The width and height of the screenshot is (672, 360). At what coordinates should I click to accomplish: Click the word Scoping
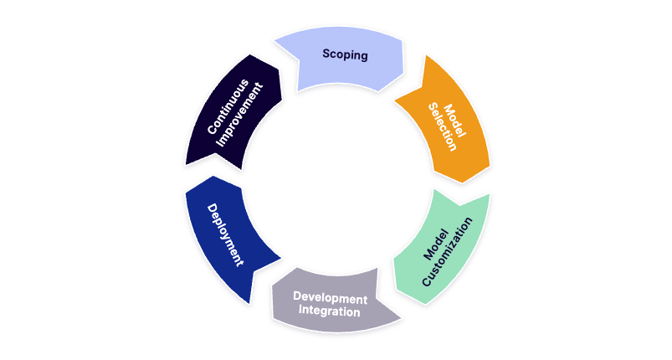point(345,55)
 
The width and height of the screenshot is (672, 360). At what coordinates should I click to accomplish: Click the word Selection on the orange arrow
point(443,127)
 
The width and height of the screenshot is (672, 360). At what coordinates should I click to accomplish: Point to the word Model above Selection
point(454,121)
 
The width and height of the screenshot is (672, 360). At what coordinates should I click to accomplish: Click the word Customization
point(447,252)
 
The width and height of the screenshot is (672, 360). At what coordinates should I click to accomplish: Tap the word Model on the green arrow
point(435,244)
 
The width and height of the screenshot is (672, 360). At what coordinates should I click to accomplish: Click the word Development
point(330,298)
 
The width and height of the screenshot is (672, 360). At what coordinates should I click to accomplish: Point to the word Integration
point(329,311)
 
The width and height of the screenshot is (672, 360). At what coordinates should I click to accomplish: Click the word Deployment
point(225,235)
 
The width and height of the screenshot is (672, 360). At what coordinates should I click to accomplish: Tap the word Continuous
point(228,106)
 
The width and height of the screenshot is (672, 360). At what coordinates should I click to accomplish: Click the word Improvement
point(239,115)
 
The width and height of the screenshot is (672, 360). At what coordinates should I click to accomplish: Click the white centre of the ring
point(338,180)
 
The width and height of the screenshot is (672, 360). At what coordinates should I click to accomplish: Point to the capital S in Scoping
point(326,54)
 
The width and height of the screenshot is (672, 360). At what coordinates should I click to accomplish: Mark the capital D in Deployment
point(212,208)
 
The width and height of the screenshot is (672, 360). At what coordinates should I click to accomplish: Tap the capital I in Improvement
point(219,143)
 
